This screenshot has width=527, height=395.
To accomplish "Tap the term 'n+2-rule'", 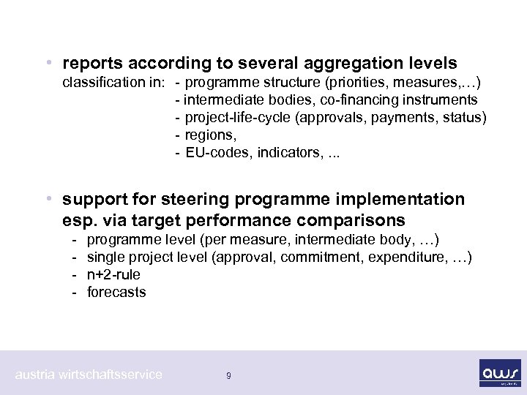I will tap(113, 275).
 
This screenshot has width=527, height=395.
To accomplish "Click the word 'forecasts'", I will tap(116, 293).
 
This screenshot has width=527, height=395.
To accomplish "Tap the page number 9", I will tap(229, 376).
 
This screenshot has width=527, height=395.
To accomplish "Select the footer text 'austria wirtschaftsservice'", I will tap(89, 375).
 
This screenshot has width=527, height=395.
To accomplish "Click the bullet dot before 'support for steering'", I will tap(48, 199).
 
